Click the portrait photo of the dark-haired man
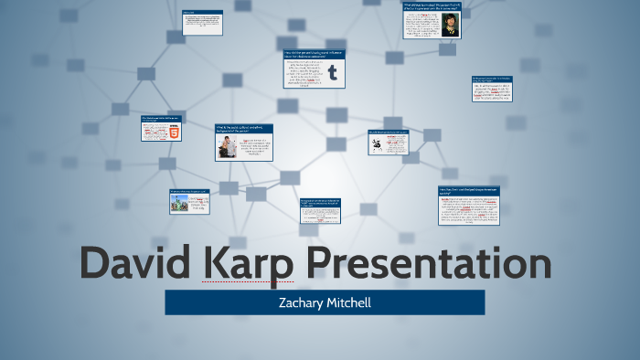(449, 23)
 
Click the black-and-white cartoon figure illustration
(377, 149)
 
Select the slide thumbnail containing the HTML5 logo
(161, 129)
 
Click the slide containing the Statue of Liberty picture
(189, 202)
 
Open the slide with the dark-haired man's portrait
(432, 20)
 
